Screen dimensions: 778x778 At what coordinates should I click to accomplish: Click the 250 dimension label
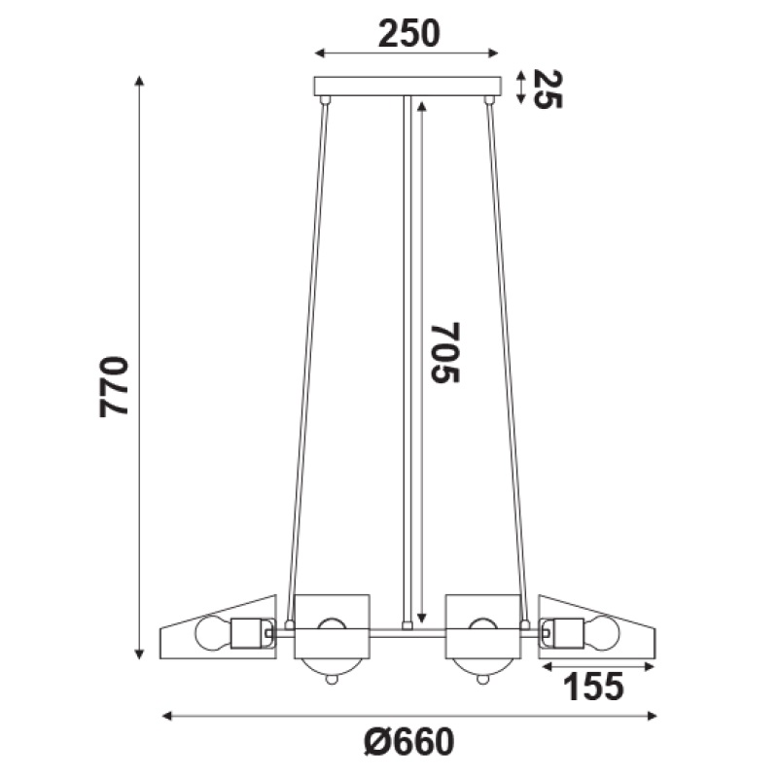click(x=408, y=34)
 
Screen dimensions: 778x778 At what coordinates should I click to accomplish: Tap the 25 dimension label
click(x=548, y=89)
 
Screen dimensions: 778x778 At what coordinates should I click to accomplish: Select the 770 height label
click(x=114, y=386)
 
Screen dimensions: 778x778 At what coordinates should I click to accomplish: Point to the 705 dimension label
click(x=445, y=353)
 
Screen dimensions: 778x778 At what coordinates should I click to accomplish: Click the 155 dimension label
click(x=593, y=687)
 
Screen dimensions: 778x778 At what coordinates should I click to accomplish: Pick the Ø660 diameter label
click(x=408, y=741)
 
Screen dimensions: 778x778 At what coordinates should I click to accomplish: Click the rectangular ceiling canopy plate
click(x=407, y=86)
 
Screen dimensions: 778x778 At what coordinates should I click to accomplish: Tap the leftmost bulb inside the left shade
click(x=213, y=633)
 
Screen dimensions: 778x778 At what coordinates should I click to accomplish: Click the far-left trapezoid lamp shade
click(x=218, y=626)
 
